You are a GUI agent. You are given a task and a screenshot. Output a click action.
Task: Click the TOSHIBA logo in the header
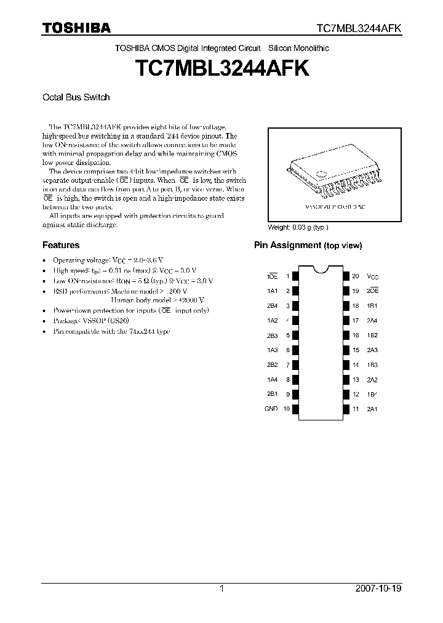coord(76,28)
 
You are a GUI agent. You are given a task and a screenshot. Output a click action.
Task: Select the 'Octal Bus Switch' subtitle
coord(76,97)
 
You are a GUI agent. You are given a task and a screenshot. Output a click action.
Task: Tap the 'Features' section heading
coord(60,245)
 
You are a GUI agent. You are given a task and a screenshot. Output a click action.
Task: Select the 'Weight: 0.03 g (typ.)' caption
coord(298,227)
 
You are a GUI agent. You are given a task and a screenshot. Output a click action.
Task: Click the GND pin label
coord(271,409)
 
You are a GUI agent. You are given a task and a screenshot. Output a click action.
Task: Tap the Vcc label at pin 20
coord(373,276)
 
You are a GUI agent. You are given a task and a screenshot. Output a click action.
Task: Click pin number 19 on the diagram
coord(355,291)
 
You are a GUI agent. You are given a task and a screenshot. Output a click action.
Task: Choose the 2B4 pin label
coord(273,305)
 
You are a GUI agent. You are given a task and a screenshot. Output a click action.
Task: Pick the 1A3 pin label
coord(273,350)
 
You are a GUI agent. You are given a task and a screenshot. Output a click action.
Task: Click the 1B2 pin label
coord(373,335)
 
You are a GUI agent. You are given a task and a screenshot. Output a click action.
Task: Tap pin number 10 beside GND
coord(286,409)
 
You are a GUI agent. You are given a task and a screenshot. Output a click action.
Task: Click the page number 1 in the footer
coord(221,589)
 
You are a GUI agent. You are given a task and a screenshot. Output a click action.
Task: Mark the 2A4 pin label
coord(373,320)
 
